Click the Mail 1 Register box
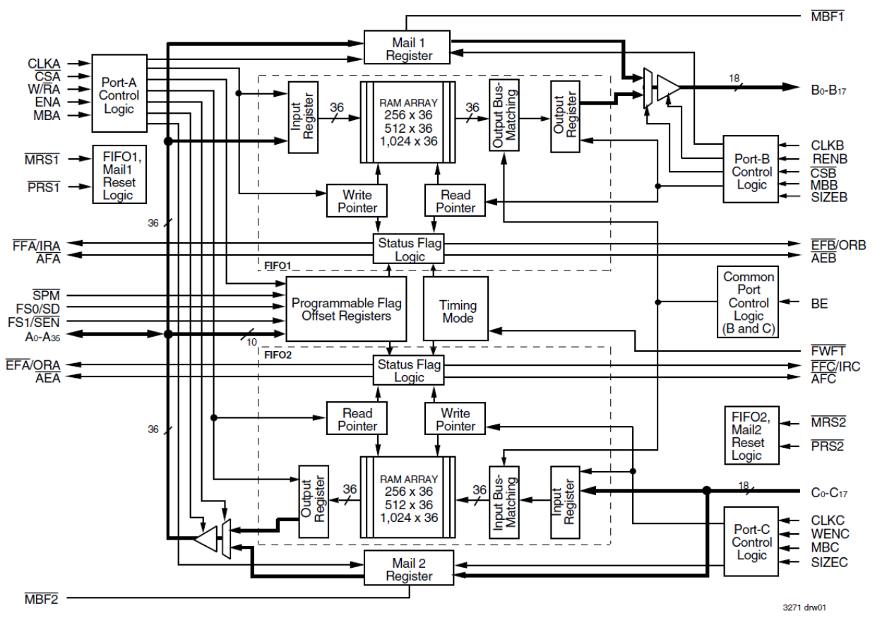tap(408, 47)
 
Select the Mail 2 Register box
tap(408, 569)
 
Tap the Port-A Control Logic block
tap(119, 94)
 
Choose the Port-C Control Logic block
tap(751, 542)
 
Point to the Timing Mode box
tap(458, 311)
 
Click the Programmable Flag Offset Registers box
tap(347, 309)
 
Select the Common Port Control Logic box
tap(749, 302)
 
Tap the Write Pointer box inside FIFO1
tap(357, 201)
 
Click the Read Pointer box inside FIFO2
tap(357, 419)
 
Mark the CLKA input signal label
tap(44, 65)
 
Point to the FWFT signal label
tap(828, 350)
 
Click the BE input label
tap(819, 304)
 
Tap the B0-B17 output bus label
tap(832, 88)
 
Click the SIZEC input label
tap(829, 563)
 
